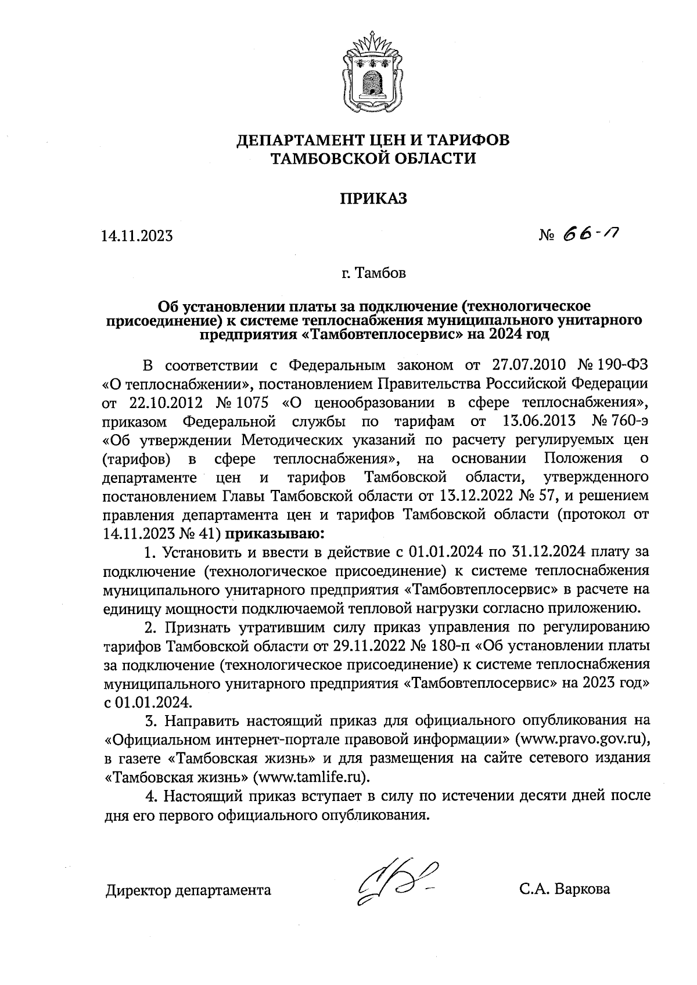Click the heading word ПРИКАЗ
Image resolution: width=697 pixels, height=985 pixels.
373,199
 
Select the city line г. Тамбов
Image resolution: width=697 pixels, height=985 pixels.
373,273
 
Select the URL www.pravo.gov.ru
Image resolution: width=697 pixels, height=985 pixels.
583,740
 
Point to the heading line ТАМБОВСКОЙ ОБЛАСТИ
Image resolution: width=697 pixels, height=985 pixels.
373,158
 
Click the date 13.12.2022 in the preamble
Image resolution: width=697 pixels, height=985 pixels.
475,496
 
